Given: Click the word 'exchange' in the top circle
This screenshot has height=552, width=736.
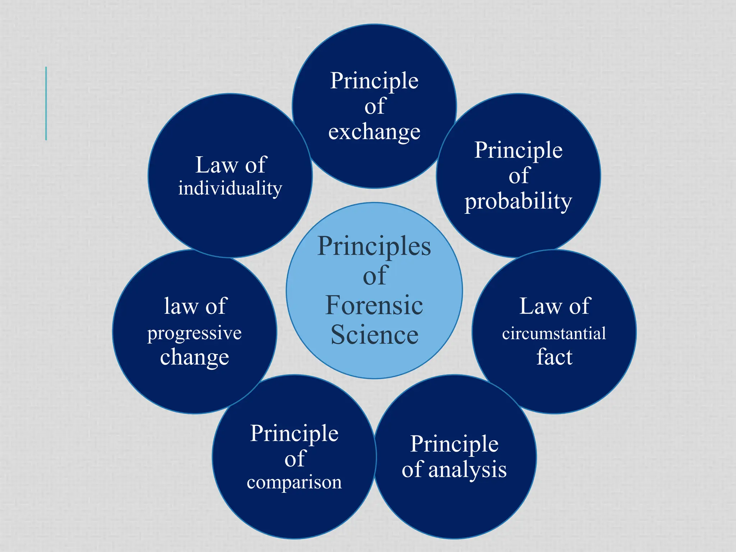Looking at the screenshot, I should tap(374, 132).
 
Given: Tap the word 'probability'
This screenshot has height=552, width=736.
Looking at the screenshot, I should tap(518, 201).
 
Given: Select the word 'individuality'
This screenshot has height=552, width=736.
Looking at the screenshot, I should tap(230, 188).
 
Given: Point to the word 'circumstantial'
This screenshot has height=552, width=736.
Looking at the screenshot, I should tap(554, 333).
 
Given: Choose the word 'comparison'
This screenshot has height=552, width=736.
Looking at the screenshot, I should tap(294, 482).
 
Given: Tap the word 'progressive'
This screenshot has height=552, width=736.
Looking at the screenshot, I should tap(194, 333).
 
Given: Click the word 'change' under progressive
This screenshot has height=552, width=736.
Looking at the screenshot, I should tap(194, 358).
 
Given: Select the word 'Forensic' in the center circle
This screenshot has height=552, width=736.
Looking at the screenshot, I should tap(374, 305).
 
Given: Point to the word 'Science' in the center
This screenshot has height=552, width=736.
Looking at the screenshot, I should tap(374, 335).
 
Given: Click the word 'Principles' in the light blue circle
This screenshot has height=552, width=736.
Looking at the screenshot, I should tap(374, 247).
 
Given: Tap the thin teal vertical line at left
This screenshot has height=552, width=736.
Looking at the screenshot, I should tap(46, 103).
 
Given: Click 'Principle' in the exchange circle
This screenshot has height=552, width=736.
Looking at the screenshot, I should tap(374, 81).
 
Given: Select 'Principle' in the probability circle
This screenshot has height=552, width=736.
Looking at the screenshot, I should tap(518, 150).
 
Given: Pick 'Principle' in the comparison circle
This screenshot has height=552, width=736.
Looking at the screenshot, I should tap(294, 434).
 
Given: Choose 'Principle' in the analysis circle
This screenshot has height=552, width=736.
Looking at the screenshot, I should tap(454, 445).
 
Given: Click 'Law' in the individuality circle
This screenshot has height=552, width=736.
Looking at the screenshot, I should tap(216, 165).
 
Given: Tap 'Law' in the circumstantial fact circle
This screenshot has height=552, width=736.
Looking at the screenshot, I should tap(540, 306).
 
